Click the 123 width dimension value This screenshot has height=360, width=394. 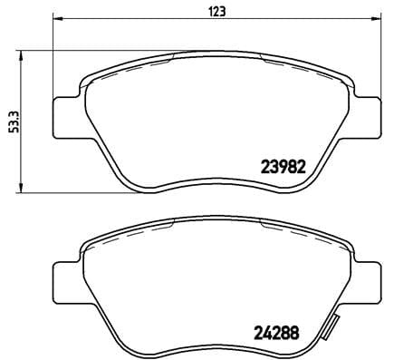(x=217, y=12)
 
